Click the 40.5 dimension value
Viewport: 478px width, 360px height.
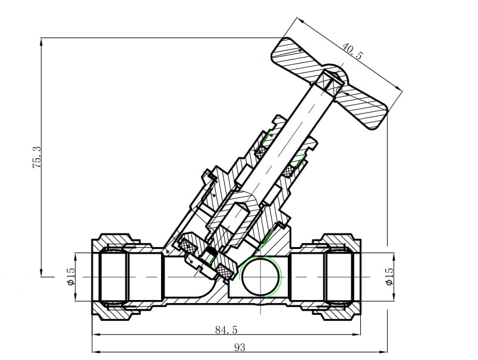coord(353,51)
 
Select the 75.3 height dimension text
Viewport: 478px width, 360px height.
coord(36,157)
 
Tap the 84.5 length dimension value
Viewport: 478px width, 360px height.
coord(226,330)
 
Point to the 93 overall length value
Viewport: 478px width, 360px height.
coord(240,347)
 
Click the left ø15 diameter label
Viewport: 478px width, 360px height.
coord(70,277)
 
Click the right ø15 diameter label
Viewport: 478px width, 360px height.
coord(389,277)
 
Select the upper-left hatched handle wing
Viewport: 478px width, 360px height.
coord(297,58)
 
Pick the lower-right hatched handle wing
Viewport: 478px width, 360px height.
coord(363,106)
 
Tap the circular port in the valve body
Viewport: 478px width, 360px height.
coord(260,276)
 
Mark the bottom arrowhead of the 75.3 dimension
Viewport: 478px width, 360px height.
coord(41,273)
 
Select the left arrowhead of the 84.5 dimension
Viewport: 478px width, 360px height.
coord(96,334)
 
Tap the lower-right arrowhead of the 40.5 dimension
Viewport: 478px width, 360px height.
coord(399,88)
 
